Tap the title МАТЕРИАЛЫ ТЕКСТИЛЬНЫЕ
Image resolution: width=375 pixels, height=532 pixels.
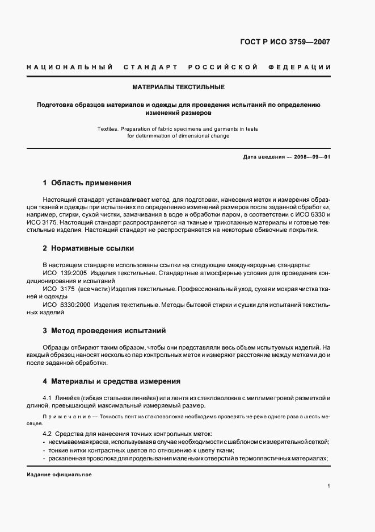click(x=178, y=87)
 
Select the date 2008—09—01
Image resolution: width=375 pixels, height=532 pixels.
click(x=311, y=157)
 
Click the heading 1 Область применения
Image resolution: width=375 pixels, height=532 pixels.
click(x=87, y=183)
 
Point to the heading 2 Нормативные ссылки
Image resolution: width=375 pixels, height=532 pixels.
click(x=88, y=248)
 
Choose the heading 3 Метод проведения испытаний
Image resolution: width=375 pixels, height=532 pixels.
click(x=104, y=330)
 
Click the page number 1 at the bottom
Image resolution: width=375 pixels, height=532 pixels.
click(x=328, y=486)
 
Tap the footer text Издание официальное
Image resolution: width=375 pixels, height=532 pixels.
click(x=59, y=474)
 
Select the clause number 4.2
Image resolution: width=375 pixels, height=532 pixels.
click(x=48, y=433)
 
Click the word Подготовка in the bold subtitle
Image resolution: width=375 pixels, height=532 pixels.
click(x=57, y=105)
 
